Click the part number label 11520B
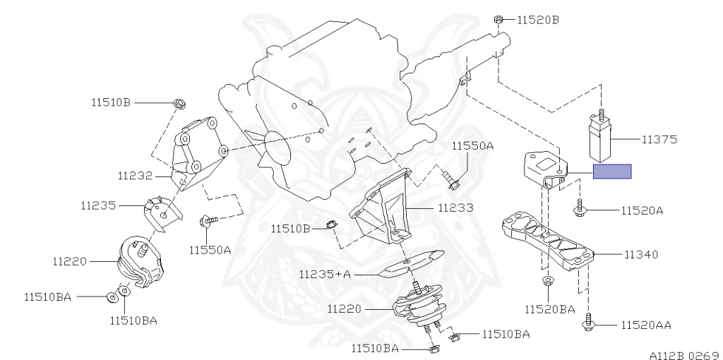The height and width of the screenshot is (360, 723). point(537,20)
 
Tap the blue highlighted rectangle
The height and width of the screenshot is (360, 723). point(611,171)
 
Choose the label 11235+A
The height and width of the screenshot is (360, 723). point(325,274)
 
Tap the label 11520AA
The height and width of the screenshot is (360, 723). point(646,325)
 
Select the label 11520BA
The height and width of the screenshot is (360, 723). point(549,308)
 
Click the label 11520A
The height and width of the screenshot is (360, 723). point(643,210)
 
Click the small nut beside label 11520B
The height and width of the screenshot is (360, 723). point(498,19)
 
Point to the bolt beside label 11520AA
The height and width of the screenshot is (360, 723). point(587,324)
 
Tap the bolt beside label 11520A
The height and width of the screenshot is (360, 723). point(580,208)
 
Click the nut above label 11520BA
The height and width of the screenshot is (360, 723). point(548,282)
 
